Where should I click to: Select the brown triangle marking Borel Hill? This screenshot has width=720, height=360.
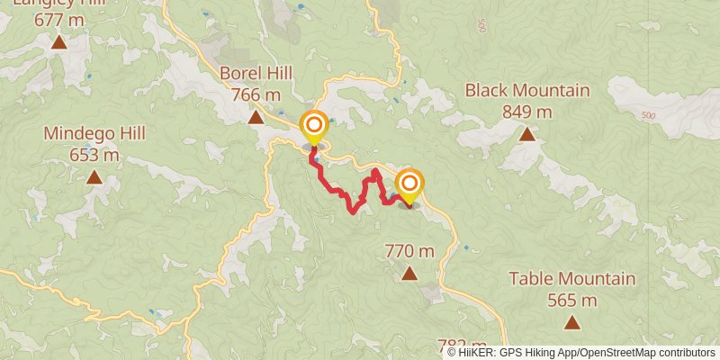[x=256, y=117]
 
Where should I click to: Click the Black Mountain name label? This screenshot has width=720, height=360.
[x=527, y=90]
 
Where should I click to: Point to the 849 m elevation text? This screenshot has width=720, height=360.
[x=527, y=112]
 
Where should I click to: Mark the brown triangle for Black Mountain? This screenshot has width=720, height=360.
[x=527, y=135]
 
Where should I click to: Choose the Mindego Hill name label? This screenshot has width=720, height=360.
[x=94, y=134]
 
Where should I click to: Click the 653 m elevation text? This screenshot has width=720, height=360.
[x=94, y=155]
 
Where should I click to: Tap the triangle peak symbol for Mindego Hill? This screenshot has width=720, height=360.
[x=94, y=178]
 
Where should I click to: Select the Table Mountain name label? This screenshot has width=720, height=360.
[x=572, y=279]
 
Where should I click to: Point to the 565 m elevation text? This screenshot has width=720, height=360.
[x=572, y=300]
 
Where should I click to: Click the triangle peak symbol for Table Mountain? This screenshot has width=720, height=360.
[x=571, y=322]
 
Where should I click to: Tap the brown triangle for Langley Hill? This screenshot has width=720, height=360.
[x=59, y=42]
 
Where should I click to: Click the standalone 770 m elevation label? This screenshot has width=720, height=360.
[x=409, y=251]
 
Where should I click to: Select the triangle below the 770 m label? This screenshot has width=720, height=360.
[x=409, y=274]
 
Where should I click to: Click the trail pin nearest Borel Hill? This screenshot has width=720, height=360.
[x=314, y=127]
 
